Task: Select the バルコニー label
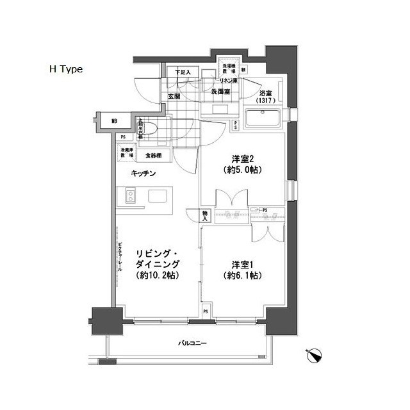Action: click(x=192, y=345)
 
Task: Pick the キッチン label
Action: click(x=144, y=174)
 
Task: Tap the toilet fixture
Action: click(x=149, y=130)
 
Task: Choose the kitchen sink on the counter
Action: click(x=158, y=196)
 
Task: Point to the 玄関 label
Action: click(x=174, y=97)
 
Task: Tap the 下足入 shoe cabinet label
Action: click(x=184, y=72)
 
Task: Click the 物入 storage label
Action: click(x=205, y=217)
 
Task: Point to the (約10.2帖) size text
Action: click(x=157, y=275)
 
